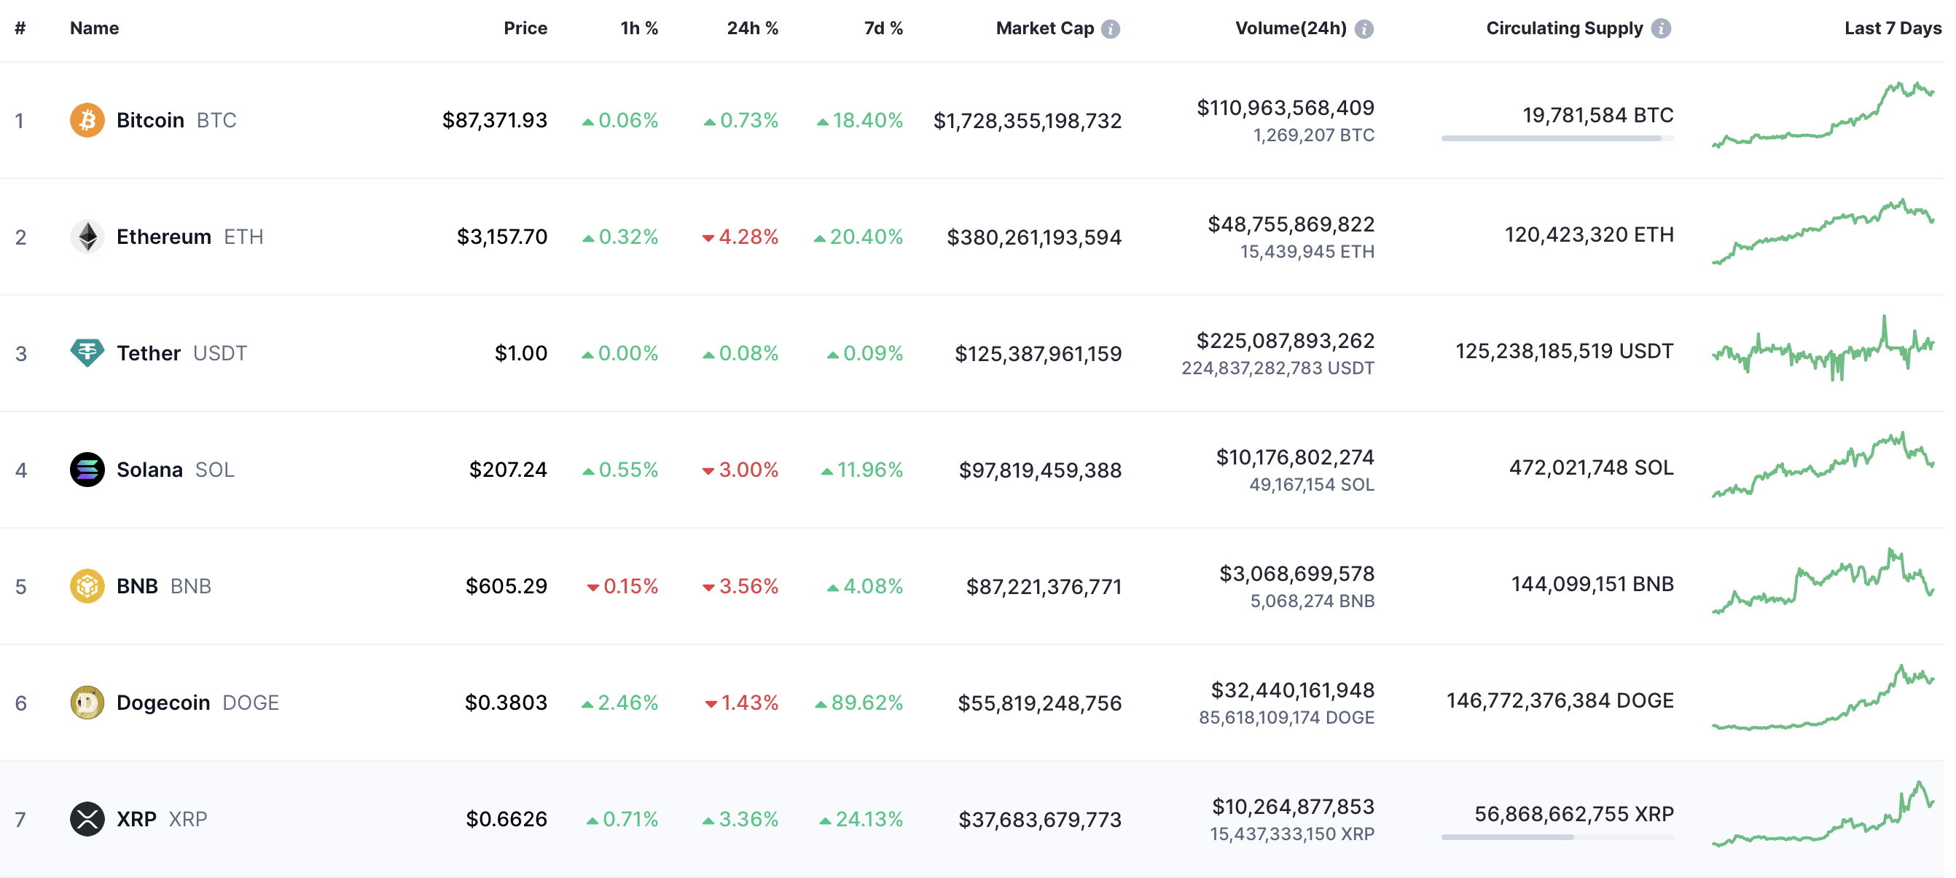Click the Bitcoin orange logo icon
click(x=87, y=120)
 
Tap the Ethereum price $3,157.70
click(x=502, y=237)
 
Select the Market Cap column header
click(x=1045, y=28)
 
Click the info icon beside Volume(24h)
click(x=1364, y=29)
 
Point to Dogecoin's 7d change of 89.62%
click(x=858, y=703)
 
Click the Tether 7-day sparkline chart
click(x=1823, y=349)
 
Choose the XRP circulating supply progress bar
click(x=1557, y=837)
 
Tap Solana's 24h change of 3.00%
click(x=740, y=470)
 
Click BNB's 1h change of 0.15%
click(x=622, y=587)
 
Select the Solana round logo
click(x=87, y=470)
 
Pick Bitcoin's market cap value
click(x=1028, y=121)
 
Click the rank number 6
click(x=20, y=703)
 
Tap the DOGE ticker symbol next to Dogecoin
click(x=251, y=703)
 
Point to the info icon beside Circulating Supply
click(x=1661, y=29)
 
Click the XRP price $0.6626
click(x=506, y=819)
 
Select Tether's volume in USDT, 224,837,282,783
click(x=1278, y=368)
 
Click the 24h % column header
click(x=753, y=28)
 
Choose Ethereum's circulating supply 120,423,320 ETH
click(x=1589, y=234)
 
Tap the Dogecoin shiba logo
click(x=87, y=703)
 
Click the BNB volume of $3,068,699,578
click(x=1297, y=574)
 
